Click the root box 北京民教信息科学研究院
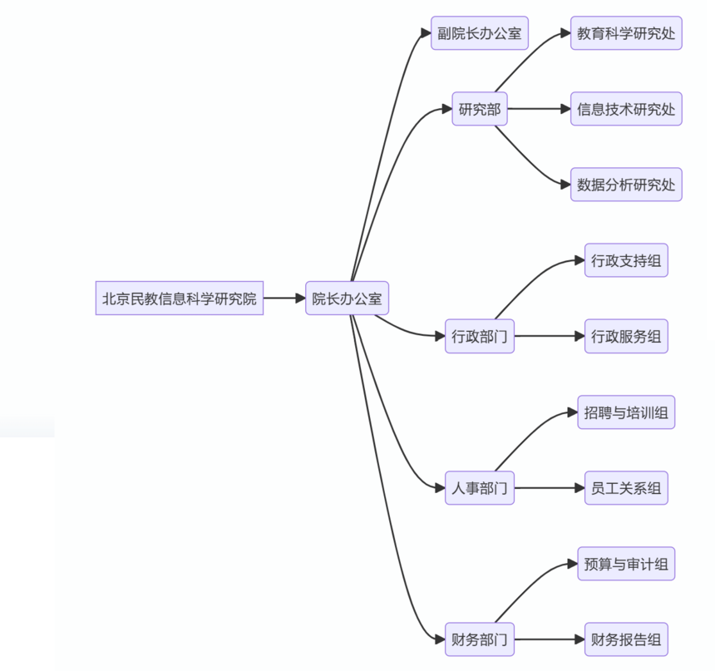(180, 298)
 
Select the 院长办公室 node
(347, 298)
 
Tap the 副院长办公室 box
(480, 32)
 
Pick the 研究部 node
(480, 109)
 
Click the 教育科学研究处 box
(626, 32)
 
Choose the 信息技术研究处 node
(626, 109)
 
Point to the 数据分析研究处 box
(626, 185)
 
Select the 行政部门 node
(480, 336)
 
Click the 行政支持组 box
(626, 260)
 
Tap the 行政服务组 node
(626, 336)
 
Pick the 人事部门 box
(480, 488)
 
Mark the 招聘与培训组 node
(626, 412)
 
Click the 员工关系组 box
(626, 488)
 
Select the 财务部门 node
(480, 639)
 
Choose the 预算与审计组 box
(626, 564)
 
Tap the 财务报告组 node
(626, 639)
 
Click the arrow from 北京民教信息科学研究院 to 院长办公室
(284, 298)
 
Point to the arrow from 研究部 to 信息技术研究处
(539, 109)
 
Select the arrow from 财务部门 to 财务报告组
(550, 639)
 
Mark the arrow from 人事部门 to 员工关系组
(550, 488)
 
